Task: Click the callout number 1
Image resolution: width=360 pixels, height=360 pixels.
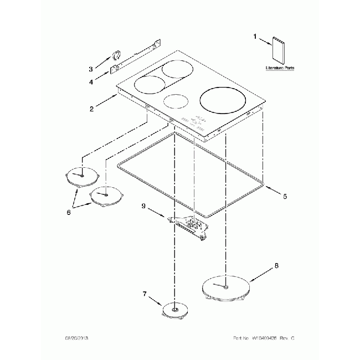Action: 255,37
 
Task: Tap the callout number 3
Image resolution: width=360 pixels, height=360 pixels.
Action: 91,69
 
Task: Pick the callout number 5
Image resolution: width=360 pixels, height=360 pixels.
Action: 285,196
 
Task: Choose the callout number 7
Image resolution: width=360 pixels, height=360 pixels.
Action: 145,294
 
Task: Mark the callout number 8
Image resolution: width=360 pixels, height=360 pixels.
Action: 277,266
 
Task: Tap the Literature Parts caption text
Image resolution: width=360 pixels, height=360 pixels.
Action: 279,68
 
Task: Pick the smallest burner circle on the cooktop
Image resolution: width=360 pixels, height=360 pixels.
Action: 175,102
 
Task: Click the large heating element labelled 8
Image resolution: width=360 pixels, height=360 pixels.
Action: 225,288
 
